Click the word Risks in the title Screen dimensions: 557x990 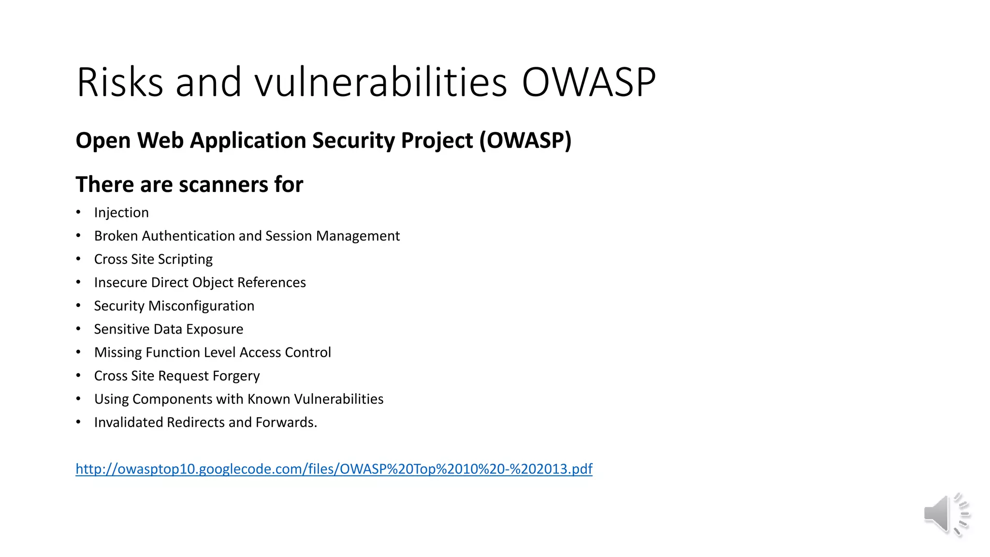click(120, 82)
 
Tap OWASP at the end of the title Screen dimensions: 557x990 click(588, 82)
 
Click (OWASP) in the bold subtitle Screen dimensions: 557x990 click(525, 141)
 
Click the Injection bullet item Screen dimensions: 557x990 click(121, 213)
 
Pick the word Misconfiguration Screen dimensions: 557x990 click(201, 306)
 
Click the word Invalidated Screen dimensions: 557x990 click(128, 423)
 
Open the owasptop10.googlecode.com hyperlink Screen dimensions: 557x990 click(334, 469)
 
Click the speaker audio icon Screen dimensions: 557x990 click(946, 514)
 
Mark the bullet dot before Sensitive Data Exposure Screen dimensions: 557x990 click(78, 329)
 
